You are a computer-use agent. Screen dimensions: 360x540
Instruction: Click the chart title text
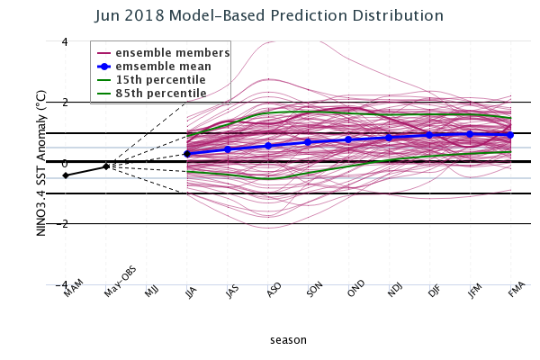click(282, 16)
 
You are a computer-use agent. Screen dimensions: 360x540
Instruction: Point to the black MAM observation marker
click(66, 175)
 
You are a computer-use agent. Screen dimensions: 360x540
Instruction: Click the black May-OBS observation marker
click(106, 166)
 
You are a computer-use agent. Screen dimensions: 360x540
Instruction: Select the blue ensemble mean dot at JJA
click(187, 154)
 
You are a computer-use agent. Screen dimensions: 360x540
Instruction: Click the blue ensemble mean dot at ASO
click(268, 146)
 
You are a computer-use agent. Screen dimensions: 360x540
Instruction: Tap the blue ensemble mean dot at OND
click(349, 139)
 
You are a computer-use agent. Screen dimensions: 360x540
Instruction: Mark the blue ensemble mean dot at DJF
click(430, 135)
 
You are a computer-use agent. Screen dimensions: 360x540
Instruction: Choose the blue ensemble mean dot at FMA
click(510, 135)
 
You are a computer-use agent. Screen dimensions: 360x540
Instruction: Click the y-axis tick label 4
click(65, 41)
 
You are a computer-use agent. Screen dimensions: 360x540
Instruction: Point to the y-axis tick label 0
click(65, 164)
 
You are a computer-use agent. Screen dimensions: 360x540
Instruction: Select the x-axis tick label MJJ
click(151, 292)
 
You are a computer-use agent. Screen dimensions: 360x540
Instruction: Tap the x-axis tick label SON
click(313, 292)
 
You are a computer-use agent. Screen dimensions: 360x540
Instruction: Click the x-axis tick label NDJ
click(394, 292)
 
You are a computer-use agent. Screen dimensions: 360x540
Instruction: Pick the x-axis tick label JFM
click(475, 292)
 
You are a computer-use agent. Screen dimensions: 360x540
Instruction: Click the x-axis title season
click(288, 340)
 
